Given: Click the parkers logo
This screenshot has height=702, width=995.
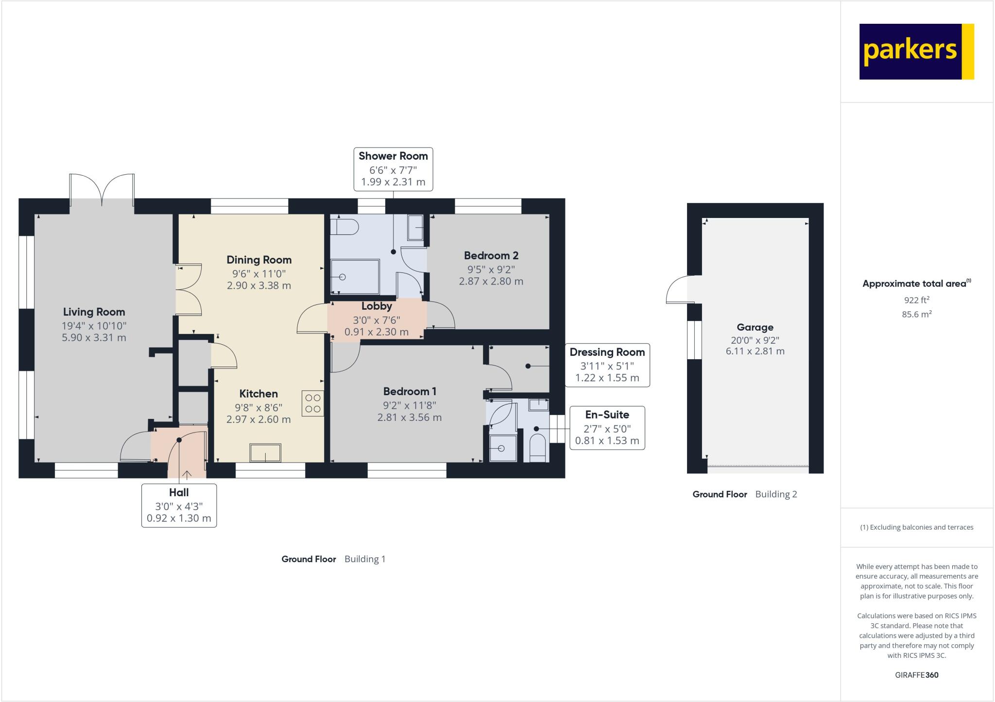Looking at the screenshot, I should tap(916, 51).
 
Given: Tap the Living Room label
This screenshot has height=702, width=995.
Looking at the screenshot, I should tap(94, 312).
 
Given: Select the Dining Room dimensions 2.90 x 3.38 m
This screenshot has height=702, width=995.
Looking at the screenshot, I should tap(258, 285).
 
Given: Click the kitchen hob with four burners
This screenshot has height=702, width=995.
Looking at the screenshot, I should tap(313, 403).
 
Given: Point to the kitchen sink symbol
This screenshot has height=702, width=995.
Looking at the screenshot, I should tap(265, 453).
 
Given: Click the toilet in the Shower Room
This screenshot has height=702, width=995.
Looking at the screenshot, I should tap(344, 227).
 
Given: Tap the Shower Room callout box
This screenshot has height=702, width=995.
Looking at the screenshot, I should tap(393, 169).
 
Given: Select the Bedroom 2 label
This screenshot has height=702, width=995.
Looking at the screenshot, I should tap(491, 255).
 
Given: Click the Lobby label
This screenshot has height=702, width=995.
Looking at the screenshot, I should tap(377, 306).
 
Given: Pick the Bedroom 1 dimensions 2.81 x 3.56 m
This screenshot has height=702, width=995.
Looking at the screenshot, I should tap(409, 418).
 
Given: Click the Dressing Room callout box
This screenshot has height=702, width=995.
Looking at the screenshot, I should tap(607, 365).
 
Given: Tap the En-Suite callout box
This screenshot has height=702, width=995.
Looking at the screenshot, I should tap(607, 428).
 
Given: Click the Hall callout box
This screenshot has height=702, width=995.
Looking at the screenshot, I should tap(179, 505).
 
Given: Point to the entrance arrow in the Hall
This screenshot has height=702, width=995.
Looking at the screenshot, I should tap(187, 474).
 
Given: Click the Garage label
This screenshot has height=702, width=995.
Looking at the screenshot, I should tap(755, 327).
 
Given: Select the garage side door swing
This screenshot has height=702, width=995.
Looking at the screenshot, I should tap(677, 290).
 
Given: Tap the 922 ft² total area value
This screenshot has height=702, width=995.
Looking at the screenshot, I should tap(916, 300).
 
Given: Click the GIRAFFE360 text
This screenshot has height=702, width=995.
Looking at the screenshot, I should tap(916, 675).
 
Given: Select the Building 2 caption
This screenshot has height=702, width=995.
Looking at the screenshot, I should tap(776, 494).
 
